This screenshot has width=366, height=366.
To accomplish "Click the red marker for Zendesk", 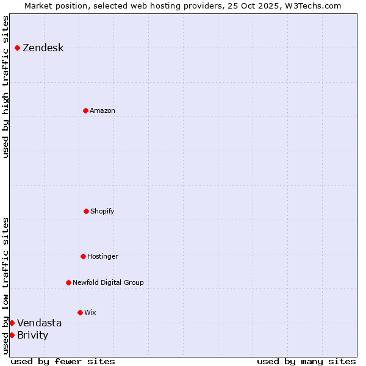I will click(x=17, y=48).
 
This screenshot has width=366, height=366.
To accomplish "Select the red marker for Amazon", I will click(x=85, y=110).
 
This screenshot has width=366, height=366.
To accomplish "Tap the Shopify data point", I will click(x=86, y=211).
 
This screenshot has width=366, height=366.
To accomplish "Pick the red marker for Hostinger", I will click(x=83, y=256).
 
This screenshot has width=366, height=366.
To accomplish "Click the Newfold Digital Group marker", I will click(x=68, y=282).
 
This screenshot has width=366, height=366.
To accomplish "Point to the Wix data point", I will click(x=80, y=312).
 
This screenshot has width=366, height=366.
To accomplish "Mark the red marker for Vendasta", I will click(x=12, y=323).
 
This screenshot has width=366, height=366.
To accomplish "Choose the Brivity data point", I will click(x=12, y=335).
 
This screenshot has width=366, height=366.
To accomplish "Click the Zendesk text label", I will click(x=43, y=48).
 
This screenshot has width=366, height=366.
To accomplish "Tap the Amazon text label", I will click(x=102, y=111).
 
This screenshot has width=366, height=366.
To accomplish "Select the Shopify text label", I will click(x=102, y=212).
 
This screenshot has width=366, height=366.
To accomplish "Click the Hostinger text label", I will click(x=102, y=257).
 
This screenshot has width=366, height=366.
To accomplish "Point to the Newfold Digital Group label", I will click(x=108, y=283).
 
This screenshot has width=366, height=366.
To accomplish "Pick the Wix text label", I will click(x=90, y=313).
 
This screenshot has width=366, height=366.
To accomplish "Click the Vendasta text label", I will click(x=39, y=323).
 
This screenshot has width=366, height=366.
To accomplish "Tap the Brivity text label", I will click(x=32, y=335).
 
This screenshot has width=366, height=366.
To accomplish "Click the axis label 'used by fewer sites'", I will click(x=63, y=362).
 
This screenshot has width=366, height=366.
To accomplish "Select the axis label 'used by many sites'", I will click(x=306, y=362).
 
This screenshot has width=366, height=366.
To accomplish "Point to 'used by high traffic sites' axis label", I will click(x=5, y=87).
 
